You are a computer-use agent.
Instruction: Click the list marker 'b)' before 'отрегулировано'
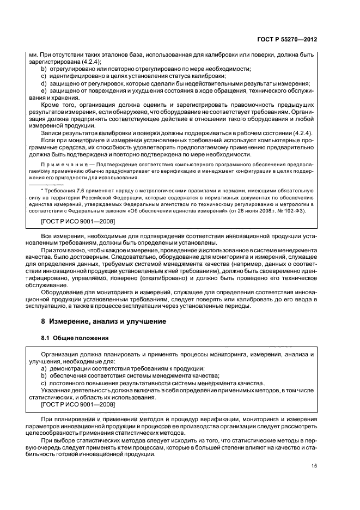click(45, 69)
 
